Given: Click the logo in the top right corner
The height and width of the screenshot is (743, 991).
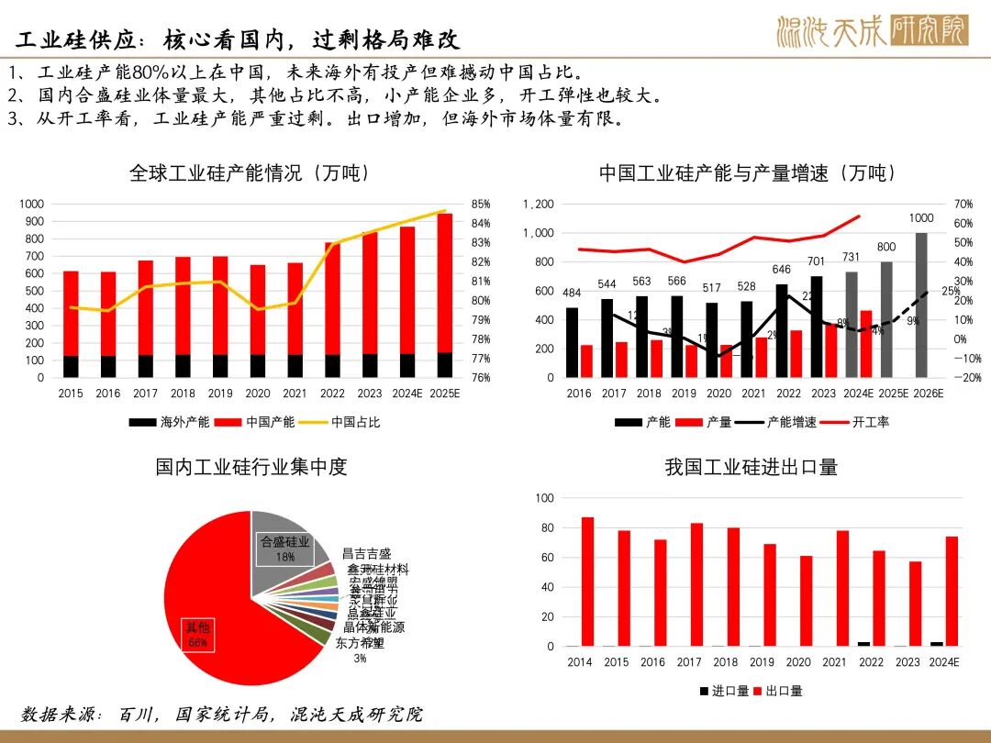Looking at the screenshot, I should [x=872, y=30].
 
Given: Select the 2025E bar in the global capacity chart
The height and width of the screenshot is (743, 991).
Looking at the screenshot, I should [x=444, y=294].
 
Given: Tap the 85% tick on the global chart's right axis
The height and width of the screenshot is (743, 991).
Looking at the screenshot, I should [x=481, y=205].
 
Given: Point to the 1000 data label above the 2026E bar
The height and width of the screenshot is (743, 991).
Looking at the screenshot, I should [x=921, y=218].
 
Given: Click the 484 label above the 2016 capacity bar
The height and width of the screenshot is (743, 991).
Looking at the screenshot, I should [x=573, y=294].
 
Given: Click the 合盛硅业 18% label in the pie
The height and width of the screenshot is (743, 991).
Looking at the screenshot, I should [x=284, y=549].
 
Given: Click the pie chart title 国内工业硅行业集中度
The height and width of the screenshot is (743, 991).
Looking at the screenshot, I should [x=251, y=467].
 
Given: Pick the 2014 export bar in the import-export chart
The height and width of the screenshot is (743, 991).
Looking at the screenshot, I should [x=587, y=582].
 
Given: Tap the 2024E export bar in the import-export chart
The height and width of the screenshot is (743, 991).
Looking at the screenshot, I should [x=951, y=591].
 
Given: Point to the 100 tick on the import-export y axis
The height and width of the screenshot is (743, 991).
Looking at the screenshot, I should [x=544, y=498].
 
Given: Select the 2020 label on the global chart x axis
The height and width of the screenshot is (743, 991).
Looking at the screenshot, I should [x=257, y=394].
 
